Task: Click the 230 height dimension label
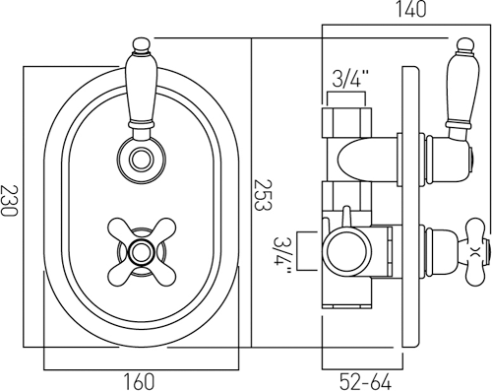coord(9,201)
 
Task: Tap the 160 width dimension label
coord(139,381)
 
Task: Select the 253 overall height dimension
coord(263,195)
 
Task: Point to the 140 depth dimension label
coord(410,9)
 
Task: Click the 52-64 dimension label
coord(366,382)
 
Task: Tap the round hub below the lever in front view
coord(142,160)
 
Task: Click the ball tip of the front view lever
coord(142,45)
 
